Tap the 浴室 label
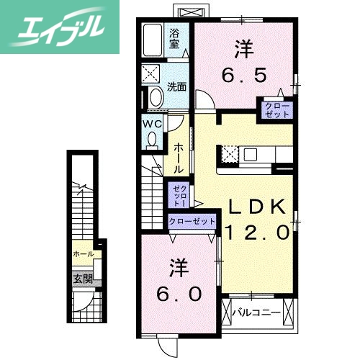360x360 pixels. pyautogui.click(x=175, y=37)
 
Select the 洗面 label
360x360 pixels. pyautogui.click(x=177, y=86)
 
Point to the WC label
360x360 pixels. pyautogui.click(x=152, y=124)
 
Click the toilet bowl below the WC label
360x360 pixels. pyautogui.click(x=151, y=140)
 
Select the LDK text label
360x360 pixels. pyautogui.click(x=257, y=207)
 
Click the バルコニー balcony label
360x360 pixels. pyautogui.click(x=257, y=312)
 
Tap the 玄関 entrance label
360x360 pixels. pyautogui.click(x=81, y=278)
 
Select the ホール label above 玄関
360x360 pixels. pyautogui.click(x=82, y=255)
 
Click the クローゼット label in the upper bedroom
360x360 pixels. pyautogui.click(x=276, y=111)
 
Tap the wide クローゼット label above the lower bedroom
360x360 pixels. pyautogui.click(x=192, y=221)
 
